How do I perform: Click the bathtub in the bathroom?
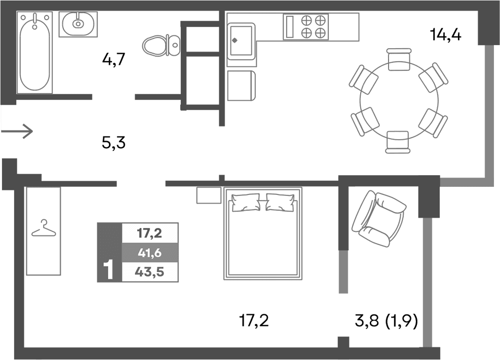(x=34, y=53)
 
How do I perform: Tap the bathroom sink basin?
(x=79, y=23)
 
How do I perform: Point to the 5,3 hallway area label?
(x=113, y=143)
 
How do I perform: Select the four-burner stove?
(x=313, y=26)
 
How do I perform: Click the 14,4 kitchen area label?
(x=445, y=35)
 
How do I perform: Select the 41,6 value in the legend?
(x=149, y=252)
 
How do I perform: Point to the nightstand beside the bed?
(x=209, y=195)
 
